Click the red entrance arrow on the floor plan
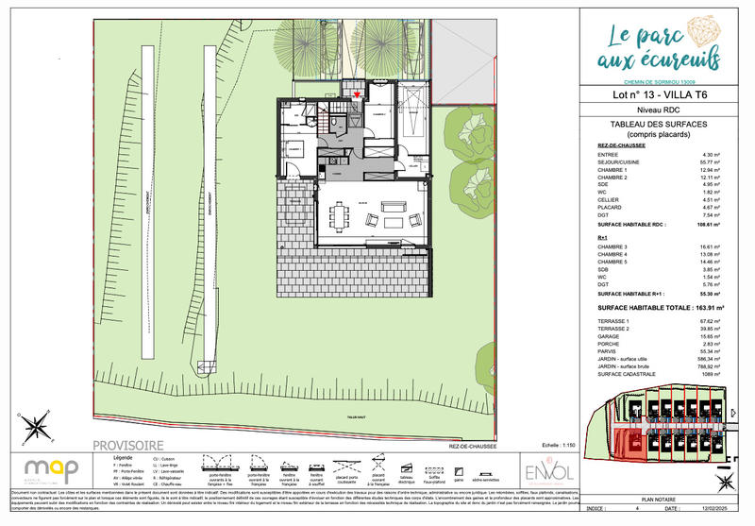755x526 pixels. (x=356, y=94)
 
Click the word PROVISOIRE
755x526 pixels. (x=127, y=445)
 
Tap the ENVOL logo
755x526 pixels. (x=549, y=470)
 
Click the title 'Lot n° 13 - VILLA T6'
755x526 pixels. (x=660, y=95)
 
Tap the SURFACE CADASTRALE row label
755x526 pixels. (x=627, y=375)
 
